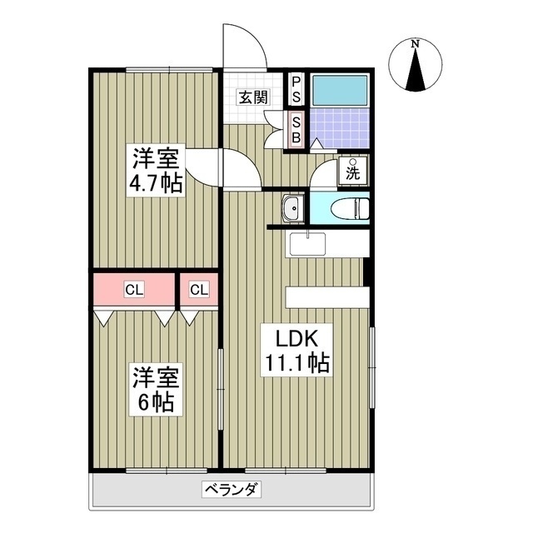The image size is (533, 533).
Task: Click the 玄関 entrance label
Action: pyautogui.click(x=254, y=97)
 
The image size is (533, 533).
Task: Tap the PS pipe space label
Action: pyautogui.click(x=296, y=90)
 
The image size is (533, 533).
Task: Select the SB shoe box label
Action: pyautogui.click(x=296, y=130)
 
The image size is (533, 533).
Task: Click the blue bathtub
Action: pyautogui.click(x=340, y=90)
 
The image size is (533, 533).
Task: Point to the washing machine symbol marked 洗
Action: pyautogui.click(x=353, y=171)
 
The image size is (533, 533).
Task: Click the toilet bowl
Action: pyautogui.click(x=350, y=209)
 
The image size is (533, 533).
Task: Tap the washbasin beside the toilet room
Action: pyautogui.click(x=292, y=209)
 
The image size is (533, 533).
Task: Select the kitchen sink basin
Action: pyautogui.click(x=307, y=244)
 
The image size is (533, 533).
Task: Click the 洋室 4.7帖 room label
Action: pyautogui.click(x=156, y=170)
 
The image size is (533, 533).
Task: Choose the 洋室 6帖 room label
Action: pyautogui.click(x=156, y=389)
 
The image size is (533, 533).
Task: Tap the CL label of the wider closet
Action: pyautogui.click(x=134, y=290)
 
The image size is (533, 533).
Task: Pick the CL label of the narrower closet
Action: pyautogui.click(x=199, y=290)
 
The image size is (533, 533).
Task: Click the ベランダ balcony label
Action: pyautogui.click(x=232, y=490)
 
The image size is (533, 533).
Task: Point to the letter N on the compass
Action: pyautogui.click(x=415, y=44)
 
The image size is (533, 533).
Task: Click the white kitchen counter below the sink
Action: pyautogui.click(x=327, y=297)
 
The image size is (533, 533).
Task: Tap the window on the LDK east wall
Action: pyautogui.click(x=372, y=367)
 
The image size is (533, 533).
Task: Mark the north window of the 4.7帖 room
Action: pyautogui.click(x=169, y=70)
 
